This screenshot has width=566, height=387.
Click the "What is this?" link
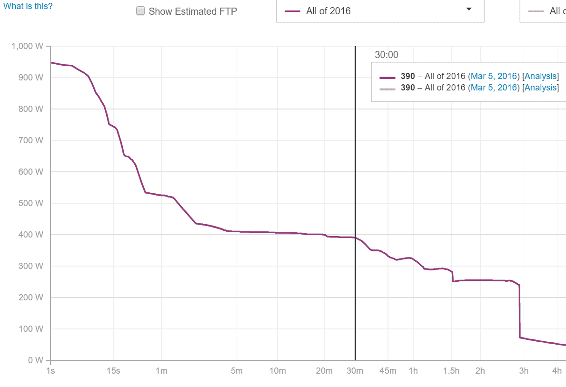coord(28,6)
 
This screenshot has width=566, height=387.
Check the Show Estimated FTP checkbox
coord(140,11)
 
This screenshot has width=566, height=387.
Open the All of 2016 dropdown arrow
coord(468,10)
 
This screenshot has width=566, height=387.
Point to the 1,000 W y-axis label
coord(28,46)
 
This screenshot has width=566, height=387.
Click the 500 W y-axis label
coord(32,203)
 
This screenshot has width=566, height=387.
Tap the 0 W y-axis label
coord(36,360)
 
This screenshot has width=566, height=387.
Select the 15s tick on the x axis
coord(113,371)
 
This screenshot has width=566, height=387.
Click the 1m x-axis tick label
coord(161,371)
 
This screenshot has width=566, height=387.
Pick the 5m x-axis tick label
coord(237,371)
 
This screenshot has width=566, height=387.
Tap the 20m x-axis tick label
coord(324,371)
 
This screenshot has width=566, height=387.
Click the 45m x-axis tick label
coord(387,371)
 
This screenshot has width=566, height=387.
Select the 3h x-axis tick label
coord(524,371)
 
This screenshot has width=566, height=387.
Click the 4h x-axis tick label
coord(556,371)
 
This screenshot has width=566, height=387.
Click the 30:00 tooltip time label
coord(387,55)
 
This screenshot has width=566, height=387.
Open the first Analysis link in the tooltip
coord(540,76)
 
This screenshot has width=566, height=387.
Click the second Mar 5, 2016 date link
coord(494,88)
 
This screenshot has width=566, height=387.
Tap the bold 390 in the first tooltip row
coord(407,76)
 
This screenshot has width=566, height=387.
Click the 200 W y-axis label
coord(32,298)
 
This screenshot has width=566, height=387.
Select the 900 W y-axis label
coord(32,78)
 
